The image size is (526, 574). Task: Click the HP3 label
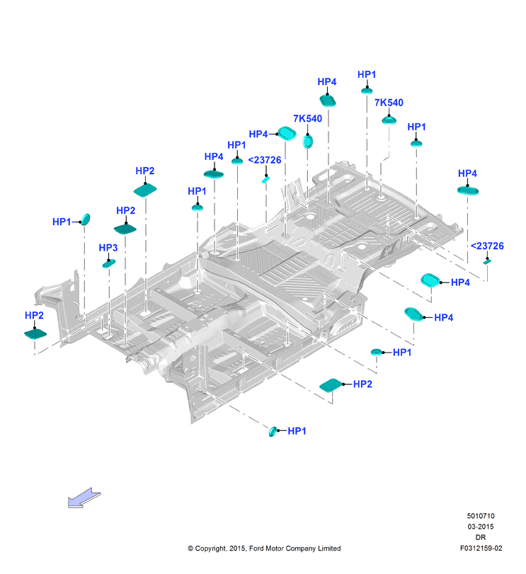(x=108, y=248)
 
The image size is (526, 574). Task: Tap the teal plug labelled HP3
(x=109, y=263)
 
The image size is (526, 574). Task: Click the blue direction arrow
(x=84, y=498)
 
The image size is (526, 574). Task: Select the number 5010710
(x=481, y=516)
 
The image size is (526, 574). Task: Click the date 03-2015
(x=481, y=527)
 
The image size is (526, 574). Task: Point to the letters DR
(x=481, y=537)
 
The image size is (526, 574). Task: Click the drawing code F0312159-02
(x=481, y=548)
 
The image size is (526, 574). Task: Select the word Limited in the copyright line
(x=329, y=548)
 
